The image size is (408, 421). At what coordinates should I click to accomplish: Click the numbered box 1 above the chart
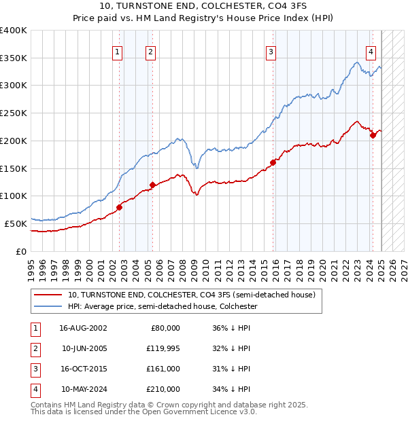tap(118, 52)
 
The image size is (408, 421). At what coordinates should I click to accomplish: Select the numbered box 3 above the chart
tap(271, 52)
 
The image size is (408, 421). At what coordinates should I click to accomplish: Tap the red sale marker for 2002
tap(119, 207)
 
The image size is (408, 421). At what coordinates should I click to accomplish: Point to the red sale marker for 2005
tap(152, 185)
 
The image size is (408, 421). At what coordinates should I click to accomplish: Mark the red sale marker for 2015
tap(273, 162)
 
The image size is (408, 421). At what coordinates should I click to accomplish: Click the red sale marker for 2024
tap(373, 135)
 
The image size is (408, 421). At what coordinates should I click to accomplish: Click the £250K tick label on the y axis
tap(14, 113)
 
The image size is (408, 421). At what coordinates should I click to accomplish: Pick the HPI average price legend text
tap(162, 307)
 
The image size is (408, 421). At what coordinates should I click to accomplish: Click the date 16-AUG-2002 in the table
tap(83, 327)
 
